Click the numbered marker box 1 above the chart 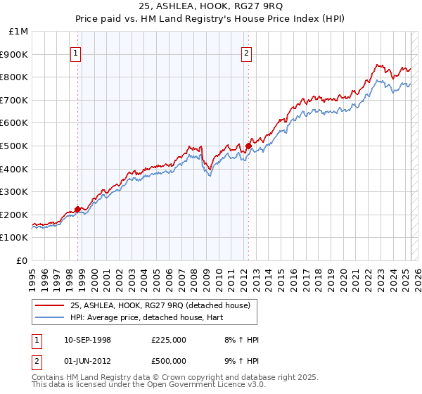point(75,51)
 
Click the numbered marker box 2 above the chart point(247,51)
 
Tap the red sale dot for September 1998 point(77,209)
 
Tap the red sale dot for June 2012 point(248,146)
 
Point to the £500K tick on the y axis point(15,146)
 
